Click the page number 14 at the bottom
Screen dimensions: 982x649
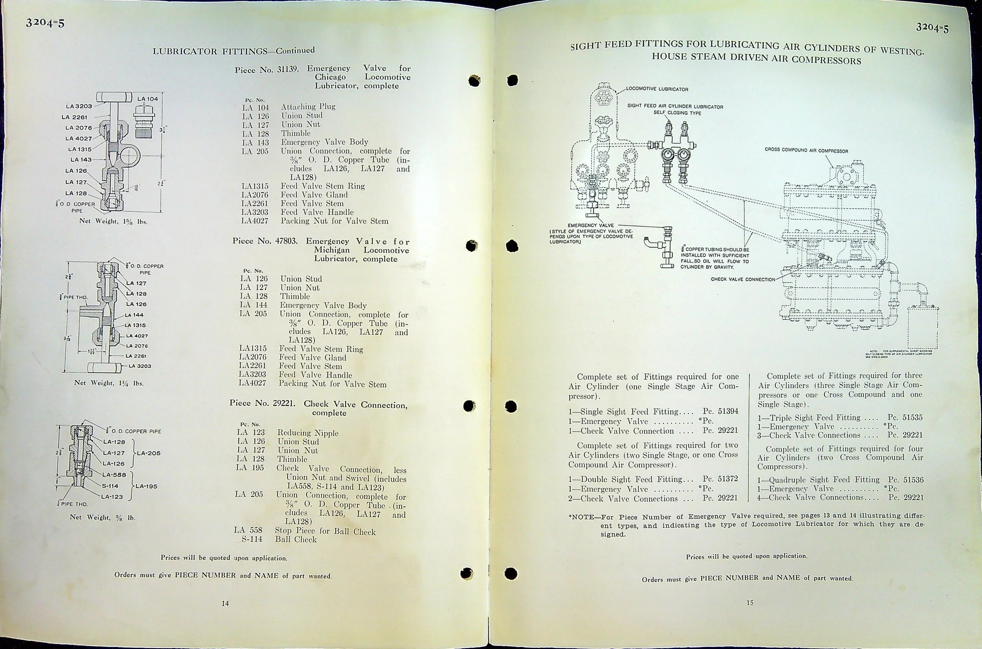click(x=225, y=603)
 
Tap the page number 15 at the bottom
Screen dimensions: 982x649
click(x=749, y=603)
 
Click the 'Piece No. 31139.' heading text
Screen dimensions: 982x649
click(x=266, y=70)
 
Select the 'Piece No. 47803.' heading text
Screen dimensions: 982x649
click(x=265, y=241)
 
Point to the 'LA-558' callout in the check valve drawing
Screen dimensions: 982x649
click(x=114, y=475)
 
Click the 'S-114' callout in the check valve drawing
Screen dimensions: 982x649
click(x=110, y=486)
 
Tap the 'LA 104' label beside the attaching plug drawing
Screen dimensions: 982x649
click(x=147, y=99)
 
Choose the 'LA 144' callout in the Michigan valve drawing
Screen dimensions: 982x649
click(x=135, y=315)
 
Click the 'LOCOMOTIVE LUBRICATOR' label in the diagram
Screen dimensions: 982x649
click(x=657, y=89)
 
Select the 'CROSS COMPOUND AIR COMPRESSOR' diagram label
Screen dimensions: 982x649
click(x=806, y=151)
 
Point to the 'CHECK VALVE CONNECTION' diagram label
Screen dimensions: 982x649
click(x=743, y=279)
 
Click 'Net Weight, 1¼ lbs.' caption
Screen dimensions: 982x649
click(x=109, y=383)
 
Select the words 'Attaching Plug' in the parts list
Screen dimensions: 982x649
click(x=308, y=107)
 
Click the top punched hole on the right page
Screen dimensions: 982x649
click(x=512, y=80)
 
